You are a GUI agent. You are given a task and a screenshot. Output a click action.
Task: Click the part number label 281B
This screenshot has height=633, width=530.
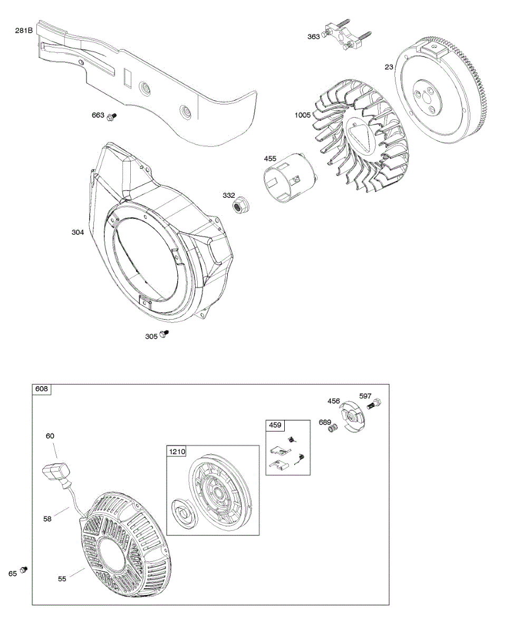pyautogui.click(x=24, y=31)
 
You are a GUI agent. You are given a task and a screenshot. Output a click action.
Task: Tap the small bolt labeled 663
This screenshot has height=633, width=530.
pyautogui.click(x=111, y=117)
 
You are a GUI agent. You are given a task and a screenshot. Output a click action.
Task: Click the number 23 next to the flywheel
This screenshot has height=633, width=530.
pyautogui.click(x=389, y=67)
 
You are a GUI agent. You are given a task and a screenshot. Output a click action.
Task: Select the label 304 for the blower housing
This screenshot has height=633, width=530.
pyautogui.click(x=78, y=232)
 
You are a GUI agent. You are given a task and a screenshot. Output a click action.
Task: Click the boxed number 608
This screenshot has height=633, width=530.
pyautogui.click(x=41, y=389)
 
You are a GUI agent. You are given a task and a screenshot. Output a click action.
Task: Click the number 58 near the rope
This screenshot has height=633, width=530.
pyautogui.click(x=49, y=519)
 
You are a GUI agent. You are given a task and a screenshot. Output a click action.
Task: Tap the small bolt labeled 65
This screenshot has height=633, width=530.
pyautogui.click(x=23, y=570)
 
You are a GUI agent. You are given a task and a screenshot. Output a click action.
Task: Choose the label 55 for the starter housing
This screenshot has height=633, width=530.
pyautogui.click(x=62, y=579)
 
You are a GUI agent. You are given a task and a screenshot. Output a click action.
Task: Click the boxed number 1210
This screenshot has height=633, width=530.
pyautogui.click(x=177, y=452)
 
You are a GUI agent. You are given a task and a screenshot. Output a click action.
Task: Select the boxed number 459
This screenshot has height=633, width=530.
pyautogui.click(x=275, y=425)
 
